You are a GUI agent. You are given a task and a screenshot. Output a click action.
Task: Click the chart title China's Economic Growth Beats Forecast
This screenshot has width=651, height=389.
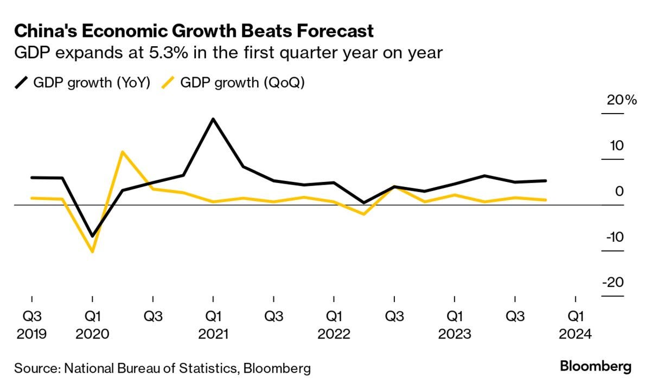pyautogui.click(x=194, y=31)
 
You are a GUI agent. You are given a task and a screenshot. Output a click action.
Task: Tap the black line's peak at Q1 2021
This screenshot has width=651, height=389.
pyautogui.click(x=213, y=119)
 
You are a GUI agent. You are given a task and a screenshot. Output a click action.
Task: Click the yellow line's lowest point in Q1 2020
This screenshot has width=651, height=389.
pyautogui.click(x=93, y=252)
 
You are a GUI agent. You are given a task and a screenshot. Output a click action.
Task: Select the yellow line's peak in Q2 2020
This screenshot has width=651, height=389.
pyautogui.click(x=123, y=152)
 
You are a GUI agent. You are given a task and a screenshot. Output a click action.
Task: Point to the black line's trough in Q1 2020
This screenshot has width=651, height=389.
pyautogui.click(x=93, y=236)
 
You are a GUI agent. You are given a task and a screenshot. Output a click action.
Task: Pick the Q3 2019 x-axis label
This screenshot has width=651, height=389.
pyautogui.click(x=32, y=324)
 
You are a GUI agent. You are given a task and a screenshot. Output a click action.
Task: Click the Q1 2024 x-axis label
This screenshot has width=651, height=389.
pyautogui.click(x=576, y=324)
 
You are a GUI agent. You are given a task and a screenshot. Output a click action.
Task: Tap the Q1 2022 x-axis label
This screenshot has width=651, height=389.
pyautogui.click(x=334, y=324)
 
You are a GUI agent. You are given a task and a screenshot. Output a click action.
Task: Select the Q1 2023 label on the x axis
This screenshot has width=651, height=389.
pyautogui.click(x=455, y=324)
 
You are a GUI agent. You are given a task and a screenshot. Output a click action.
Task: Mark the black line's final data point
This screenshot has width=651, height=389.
pyautogui.click(x=545, y=180)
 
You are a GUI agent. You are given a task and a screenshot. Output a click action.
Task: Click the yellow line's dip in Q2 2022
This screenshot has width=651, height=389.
pyautogui.click(x=364, y=214)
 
